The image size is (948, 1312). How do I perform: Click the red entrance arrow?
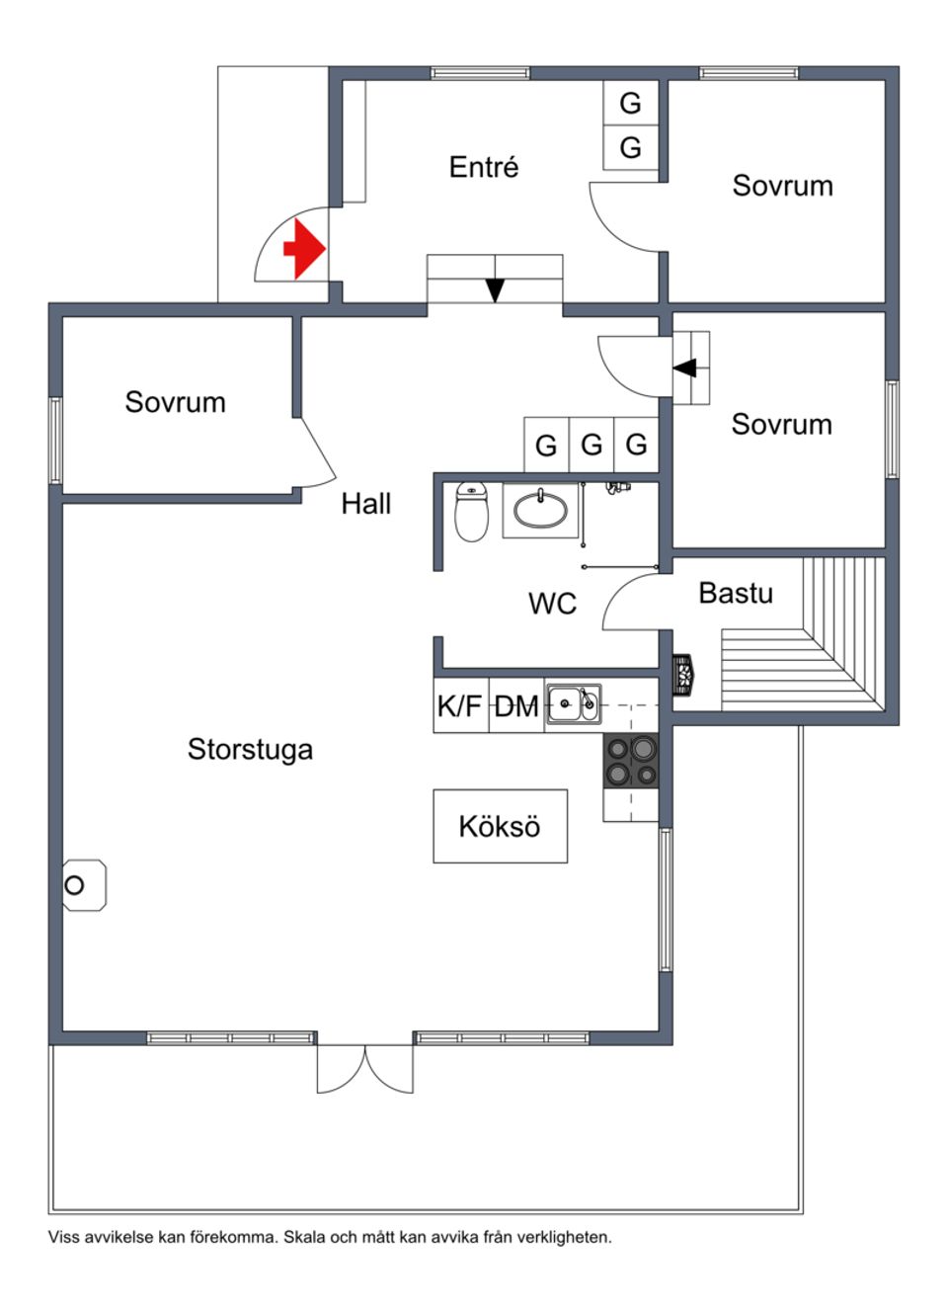pyautogui.click(x=305, y=249)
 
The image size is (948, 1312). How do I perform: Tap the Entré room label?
pyautogui.click(x=483, y=167)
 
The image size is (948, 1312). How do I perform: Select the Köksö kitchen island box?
pyautogui.click(x=500, y=826)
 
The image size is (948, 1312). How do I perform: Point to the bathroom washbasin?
pyautogui.click(x=540, y=510)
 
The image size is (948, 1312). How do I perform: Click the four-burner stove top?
pyautogui.click(x=631, y=762)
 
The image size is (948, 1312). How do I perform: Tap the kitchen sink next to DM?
pyautogui.click(x=573, y=704)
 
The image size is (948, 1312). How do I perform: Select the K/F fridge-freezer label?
pyautogui.click(x=459, y=706)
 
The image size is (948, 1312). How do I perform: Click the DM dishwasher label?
pyautogui.click(x=516, y=706)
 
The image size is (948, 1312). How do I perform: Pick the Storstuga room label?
pyautogui.click(x=250, y=749)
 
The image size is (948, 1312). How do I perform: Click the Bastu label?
pyautogui.click(x=736, y=593)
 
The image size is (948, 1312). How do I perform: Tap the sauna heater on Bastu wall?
pyautogui.click(x=682, y=676)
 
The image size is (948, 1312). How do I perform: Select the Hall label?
pyautogui.click(x=365, y=504)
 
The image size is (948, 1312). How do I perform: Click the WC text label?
pyautogui.click(x=552, y=604)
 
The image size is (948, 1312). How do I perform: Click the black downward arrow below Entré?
pyautogui.click(x=495, y=289)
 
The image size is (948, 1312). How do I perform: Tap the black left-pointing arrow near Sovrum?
pyautogui.click(x=685, y=368)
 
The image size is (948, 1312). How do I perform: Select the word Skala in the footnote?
pyautogui.click(x=304, y=1237)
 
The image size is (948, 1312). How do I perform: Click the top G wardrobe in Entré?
pyautogui.click(x=630, y=103)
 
